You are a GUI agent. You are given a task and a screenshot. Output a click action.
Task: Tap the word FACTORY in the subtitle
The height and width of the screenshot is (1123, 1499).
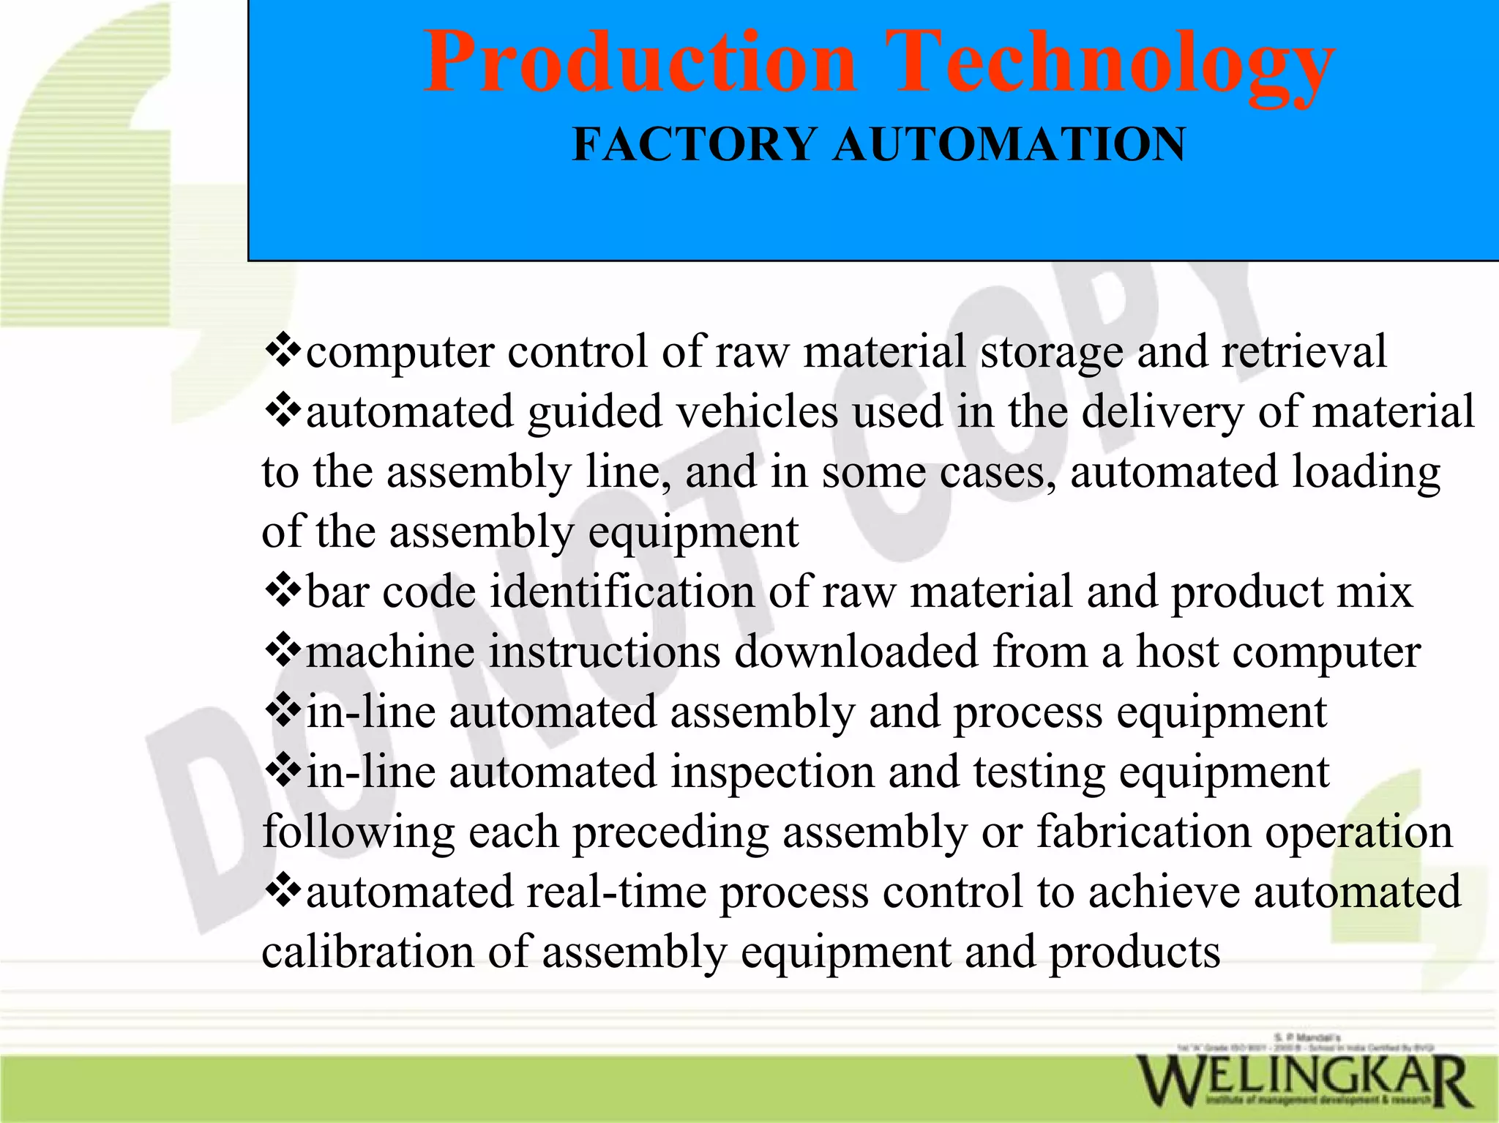[x=694, y=143]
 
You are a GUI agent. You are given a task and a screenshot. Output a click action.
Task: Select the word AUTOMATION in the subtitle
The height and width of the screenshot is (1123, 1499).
[x=1009, y=143]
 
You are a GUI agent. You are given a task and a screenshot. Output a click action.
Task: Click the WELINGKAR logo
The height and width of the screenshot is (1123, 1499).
[x=1304, y=1080]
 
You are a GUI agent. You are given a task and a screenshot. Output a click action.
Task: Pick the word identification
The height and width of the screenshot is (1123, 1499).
[x=621, y=590]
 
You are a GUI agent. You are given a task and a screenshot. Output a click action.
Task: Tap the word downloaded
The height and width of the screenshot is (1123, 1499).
[x=856, y=651]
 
